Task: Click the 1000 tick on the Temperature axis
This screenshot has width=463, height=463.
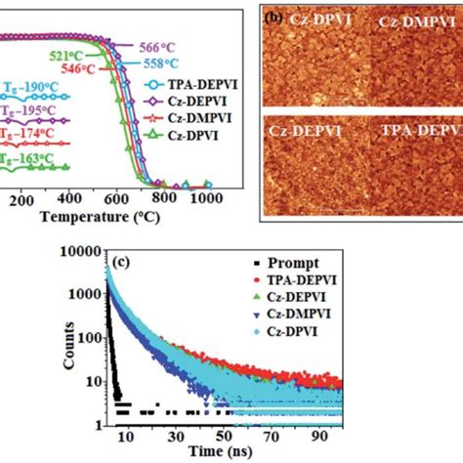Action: (207, 200)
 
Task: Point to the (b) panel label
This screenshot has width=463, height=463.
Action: (275, 12)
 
